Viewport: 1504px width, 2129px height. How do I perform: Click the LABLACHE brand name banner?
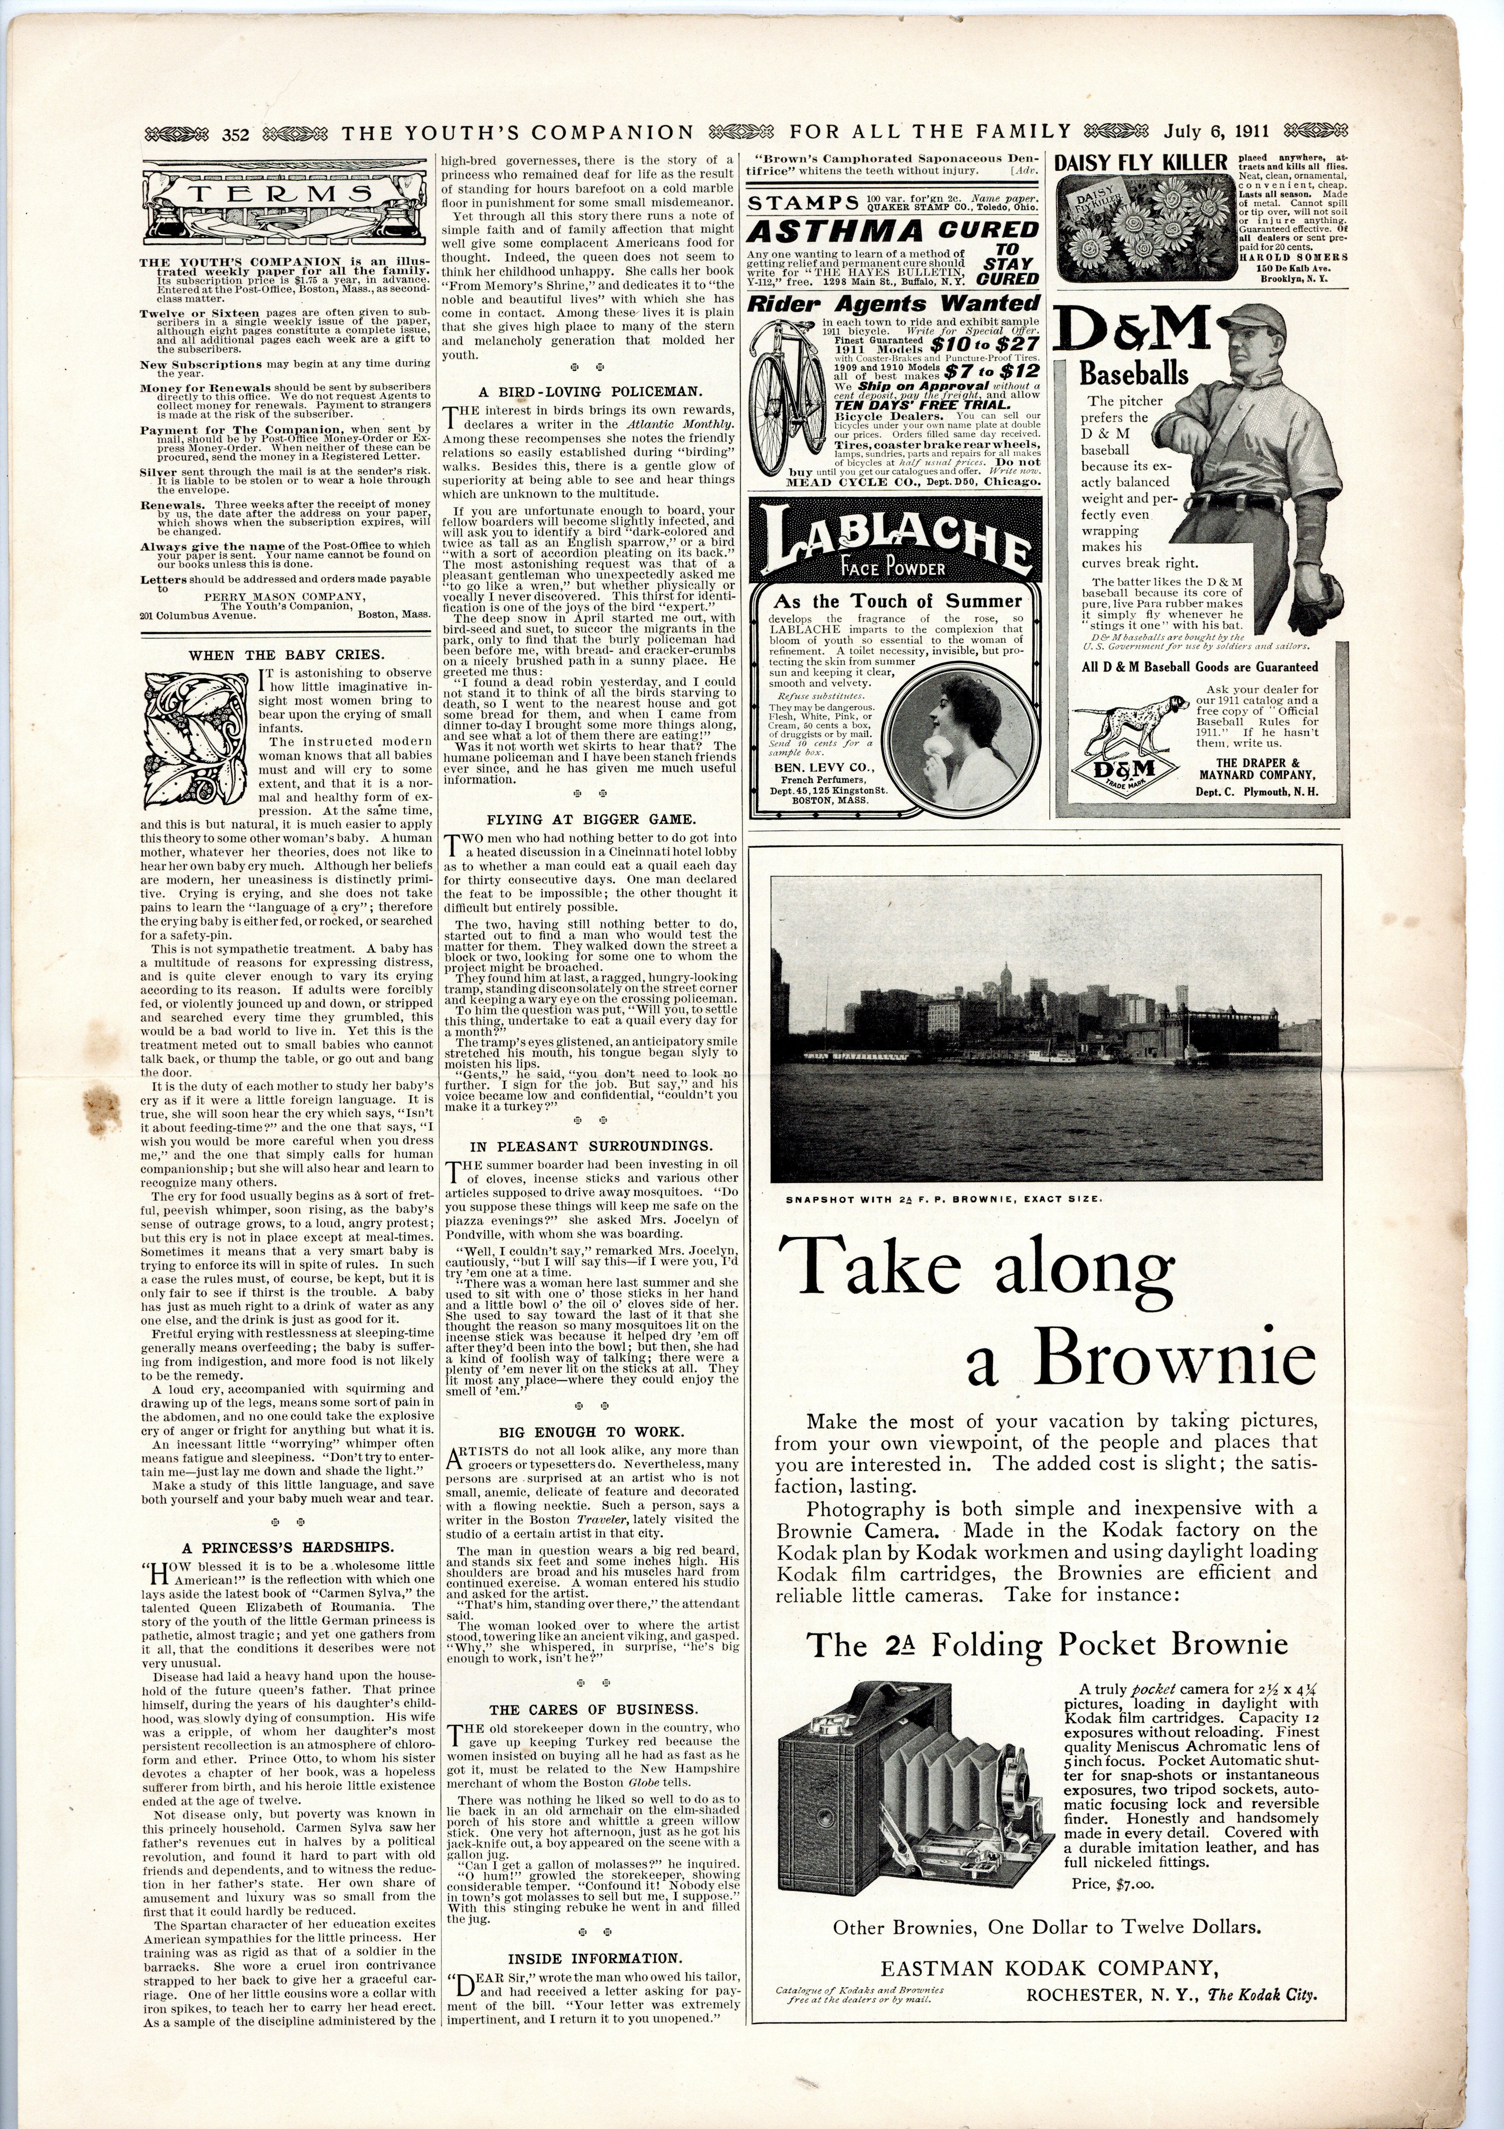[895, 546]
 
